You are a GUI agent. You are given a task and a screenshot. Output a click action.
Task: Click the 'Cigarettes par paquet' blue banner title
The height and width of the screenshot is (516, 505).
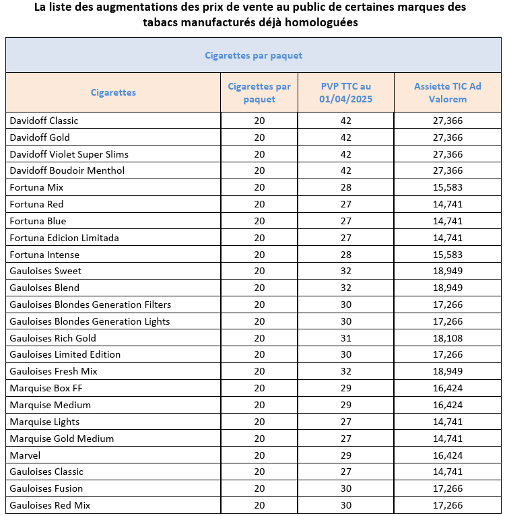pos(253,55)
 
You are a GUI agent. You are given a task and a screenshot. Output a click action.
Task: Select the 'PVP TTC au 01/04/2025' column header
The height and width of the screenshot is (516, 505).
pos(346,92)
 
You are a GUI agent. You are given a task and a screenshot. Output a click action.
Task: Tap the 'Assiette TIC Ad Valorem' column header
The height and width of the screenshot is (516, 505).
pos(447,92)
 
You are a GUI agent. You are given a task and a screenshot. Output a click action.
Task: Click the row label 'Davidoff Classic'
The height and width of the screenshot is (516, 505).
pos(44,121)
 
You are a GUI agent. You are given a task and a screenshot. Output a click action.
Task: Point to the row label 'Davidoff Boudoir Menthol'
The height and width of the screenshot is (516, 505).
pos(67,170)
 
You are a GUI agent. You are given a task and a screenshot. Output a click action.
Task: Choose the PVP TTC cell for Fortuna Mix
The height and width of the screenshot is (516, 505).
pos(346,187)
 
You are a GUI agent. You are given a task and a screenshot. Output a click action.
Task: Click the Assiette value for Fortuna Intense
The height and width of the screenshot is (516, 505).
pos(447,255)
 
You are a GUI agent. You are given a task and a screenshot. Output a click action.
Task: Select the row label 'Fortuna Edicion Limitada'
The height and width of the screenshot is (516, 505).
pos(64,238)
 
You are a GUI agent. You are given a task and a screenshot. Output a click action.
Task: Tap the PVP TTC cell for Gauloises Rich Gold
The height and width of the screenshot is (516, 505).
pos(346,338)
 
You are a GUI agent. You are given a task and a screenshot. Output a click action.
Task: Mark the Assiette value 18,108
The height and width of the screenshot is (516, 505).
pos(447,338)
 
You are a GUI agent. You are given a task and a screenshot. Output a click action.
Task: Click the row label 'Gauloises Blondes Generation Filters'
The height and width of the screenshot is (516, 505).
pos(90,304)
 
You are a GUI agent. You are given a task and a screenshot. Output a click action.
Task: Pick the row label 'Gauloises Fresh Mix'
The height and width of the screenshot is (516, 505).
pos(53,371)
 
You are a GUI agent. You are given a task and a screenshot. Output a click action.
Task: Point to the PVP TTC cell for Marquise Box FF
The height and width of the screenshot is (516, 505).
pos(346,388)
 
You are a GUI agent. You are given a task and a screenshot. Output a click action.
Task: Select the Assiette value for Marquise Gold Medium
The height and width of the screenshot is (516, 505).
pos(447,439)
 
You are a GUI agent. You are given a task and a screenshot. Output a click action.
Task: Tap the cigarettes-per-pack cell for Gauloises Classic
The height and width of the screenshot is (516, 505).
pos(259,472)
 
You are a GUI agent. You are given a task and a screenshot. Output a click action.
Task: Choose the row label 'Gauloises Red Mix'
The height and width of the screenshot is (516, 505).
pos(50,505)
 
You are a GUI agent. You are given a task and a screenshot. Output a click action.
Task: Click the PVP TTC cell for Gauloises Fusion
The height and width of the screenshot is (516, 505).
pos(346,488)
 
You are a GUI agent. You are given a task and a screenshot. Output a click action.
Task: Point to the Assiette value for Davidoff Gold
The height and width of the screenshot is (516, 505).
pos(447,137)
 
